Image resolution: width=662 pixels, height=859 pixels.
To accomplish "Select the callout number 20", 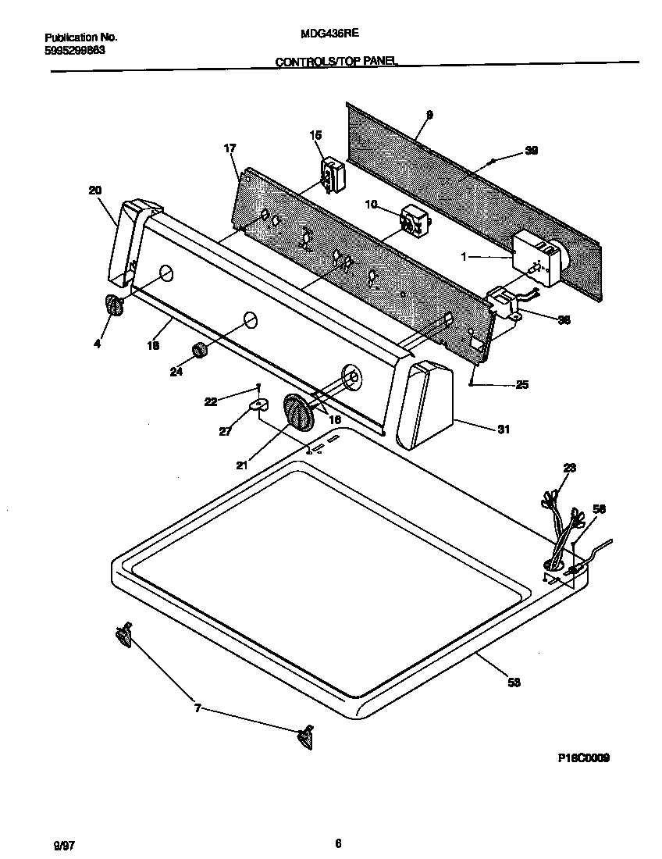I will click(x=94, y=190).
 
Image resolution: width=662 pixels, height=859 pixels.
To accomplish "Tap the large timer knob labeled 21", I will click(x=298, y=411).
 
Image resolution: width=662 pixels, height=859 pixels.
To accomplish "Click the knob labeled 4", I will click(x=114, y=306).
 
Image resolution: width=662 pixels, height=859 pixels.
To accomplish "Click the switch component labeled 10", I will click(x=411, y=221).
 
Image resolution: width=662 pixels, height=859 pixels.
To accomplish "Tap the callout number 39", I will click(x=531, y=151).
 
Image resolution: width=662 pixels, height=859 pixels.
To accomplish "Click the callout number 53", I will click(x=514, y=683).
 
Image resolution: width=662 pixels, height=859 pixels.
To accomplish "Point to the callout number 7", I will click(x=198, y=708).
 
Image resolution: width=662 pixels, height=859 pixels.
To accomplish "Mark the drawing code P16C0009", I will click(x=584, y=757).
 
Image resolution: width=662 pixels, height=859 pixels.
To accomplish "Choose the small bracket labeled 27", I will click(x=258, y=405).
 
